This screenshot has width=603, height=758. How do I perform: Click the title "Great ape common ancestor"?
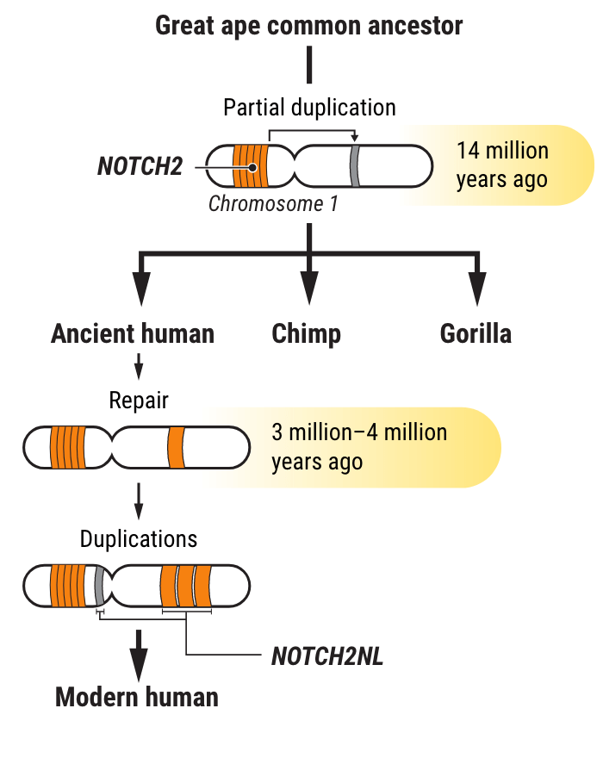point(308,26)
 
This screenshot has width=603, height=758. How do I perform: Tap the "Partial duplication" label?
point(309,108)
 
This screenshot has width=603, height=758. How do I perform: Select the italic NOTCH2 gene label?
point(140,166)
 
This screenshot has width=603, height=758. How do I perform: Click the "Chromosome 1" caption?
point(273,204)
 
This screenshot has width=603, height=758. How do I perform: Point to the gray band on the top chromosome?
point(354,166)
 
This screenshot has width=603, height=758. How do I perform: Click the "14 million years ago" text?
point(502,165)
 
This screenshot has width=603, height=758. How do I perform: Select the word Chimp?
point(307,334)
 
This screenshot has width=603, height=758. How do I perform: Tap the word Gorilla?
point(476,334)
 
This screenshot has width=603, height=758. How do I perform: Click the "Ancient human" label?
point(133,334)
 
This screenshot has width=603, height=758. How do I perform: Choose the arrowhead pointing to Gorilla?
point(476,286)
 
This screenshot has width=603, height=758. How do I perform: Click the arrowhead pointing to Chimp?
point(308,286)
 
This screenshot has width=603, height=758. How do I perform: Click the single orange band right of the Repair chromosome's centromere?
point(176,446)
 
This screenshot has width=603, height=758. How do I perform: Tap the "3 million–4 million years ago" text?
point(359,446)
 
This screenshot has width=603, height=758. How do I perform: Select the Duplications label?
point(139,539)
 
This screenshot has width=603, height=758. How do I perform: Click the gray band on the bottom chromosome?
point(100,586)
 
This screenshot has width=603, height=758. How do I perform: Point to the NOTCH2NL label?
point(327,656)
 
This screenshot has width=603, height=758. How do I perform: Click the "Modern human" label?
point(137,697)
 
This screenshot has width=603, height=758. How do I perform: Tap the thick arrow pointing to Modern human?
point(138,653)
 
